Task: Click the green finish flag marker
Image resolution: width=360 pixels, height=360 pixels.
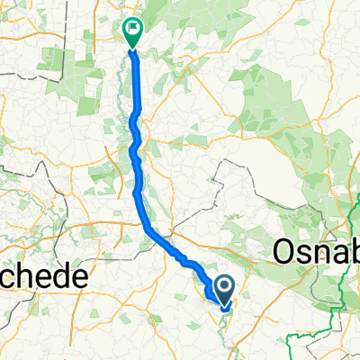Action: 132,30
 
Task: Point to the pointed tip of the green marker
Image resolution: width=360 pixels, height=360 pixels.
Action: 132,43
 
